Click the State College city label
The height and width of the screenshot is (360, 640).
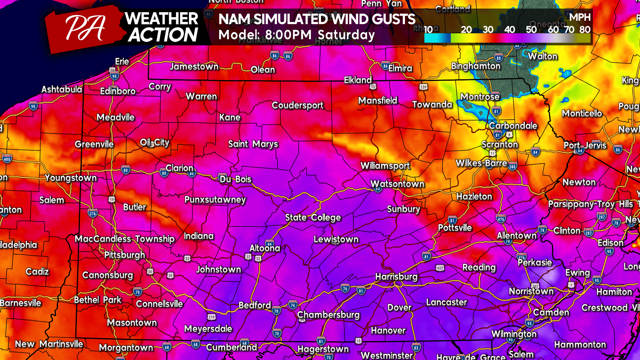point(313,217)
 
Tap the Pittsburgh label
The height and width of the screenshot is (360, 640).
point(125,255)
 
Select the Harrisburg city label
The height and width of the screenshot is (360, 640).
point(396,277)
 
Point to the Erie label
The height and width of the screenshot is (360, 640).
point(122,61)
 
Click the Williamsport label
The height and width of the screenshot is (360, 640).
point(385,166)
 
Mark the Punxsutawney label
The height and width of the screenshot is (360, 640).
point(215,199)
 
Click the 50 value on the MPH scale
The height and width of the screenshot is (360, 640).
point(531,29)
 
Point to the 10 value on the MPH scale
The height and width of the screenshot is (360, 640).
point(428,29)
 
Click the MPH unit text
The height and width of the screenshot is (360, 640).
point(580,17)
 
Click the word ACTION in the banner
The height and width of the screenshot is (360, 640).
point(163,35)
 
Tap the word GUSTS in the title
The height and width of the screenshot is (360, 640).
point(394,19)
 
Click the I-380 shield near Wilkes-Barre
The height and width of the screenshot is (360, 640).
point(512,167)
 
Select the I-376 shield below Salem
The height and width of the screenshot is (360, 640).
point(92,214)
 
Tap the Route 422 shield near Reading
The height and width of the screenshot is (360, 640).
point(440,268)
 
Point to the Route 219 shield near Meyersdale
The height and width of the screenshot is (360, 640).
point(211,317)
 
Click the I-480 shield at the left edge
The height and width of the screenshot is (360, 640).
point(7,159)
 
